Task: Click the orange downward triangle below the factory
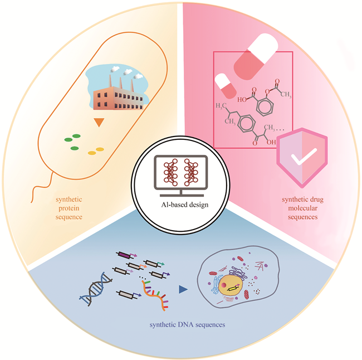click(x=99, y=122)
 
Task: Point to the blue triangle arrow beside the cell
click(x=182, y=289)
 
